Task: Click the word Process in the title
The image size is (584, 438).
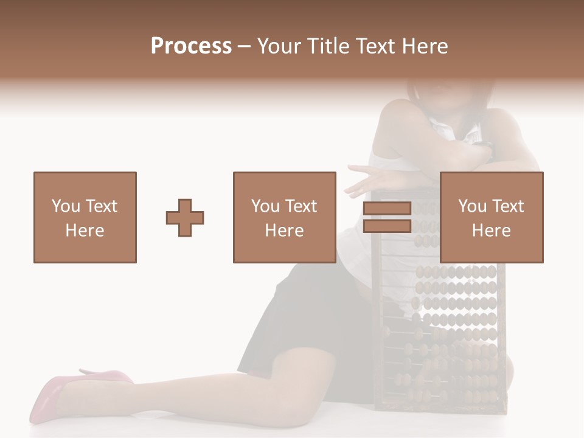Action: click(191, 46)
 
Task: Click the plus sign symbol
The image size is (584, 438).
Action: click(185, 218)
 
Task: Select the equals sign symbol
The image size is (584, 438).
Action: click(387, 217)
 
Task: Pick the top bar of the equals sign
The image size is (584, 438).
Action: click(387, 209)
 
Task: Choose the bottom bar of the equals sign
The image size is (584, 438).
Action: click(387, 226)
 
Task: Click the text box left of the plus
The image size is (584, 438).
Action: click(85, 217)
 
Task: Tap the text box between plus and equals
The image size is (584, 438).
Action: click(284, 217)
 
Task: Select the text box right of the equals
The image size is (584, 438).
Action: click(491, 217)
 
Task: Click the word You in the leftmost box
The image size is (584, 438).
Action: click(65, 206)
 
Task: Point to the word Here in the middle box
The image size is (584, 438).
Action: click(284, 231)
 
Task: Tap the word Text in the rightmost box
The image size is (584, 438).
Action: click(508, 206)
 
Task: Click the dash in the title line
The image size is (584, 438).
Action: click(245, 46)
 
